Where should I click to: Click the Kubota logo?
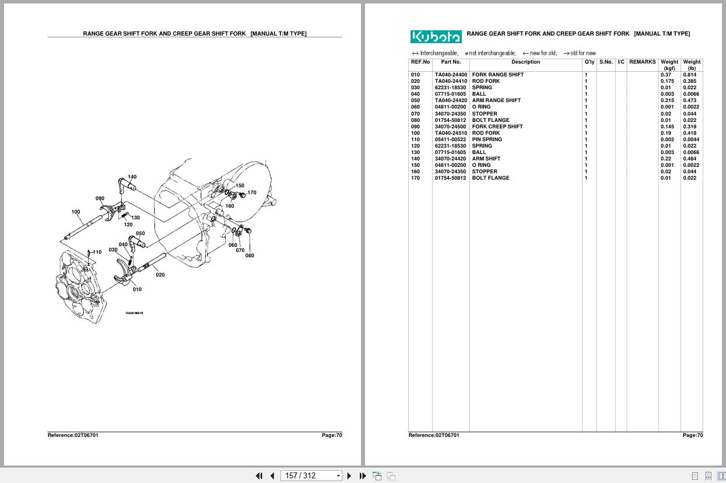436,37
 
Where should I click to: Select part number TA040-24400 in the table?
450,75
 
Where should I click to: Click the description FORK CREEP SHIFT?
497,127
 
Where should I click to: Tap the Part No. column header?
451,62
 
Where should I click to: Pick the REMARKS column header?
642,62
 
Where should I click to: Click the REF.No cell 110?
415,139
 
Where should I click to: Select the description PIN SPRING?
486,139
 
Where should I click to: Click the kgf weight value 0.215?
667,100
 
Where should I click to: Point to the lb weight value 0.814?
689,75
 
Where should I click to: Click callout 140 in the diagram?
132,177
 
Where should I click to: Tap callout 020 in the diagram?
160,275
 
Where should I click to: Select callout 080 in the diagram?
250,256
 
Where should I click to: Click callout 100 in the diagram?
76,212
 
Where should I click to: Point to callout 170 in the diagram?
252,192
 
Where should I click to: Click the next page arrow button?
349,475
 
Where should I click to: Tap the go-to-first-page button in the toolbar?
259,475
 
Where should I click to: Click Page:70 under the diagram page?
331,435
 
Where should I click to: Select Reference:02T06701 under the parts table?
433,435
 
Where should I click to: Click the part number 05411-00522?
450,139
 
